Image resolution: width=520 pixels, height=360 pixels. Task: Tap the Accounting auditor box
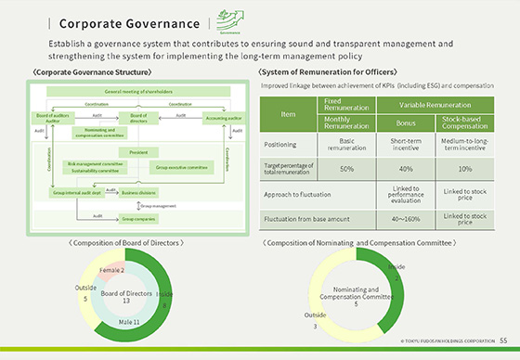222,118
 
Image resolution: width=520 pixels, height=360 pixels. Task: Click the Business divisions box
139,193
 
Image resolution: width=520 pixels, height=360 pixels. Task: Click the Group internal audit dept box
75,193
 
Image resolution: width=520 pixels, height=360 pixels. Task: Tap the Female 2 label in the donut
112,269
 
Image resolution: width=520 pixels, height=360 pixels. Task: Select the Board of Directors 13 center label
127,297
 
